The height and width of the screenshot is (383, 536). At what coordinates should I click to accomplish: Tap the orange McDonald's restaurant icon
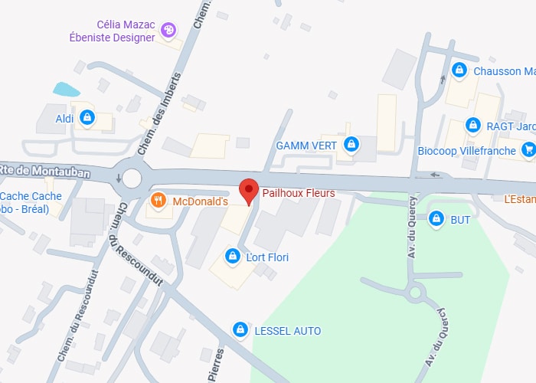[x=158, y=201]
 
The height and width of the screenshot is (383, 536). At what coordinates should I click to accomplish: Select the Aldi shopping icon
[x=87, y=118]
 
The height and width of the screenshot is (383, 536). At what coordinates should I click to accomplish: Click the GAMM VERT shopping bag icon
[x=351, y=144]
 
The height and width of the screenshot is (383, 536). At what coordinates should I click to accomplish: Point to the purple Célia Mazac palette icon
[x=168, y=31]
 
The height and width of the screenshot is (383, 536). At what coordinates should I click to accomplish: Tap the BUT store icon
[x=436, y=219]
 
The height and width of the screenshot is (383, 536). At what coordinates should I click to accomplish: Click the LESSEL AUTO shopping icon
[x=241, y=329]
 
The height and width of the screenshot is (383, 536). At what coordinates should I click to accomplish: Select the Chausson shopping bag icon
[x=459, y=70]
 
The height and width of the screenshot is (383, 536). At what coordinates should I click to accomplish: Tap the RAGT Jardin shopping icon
[x=472, y=125]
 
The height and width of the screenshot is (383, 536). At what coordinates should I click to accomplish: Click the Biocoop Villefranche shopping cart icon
[x=528, y=150]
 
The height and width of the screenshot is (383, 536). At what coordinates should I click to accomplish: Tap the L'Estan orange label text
[x=519, y=199]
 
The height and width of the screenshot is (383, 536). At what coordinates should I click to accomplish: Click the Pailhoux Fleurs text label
[x=299, y=193]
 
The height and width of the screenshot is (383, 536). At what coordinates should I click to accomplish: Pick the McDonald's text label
[x=201, y=201]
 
